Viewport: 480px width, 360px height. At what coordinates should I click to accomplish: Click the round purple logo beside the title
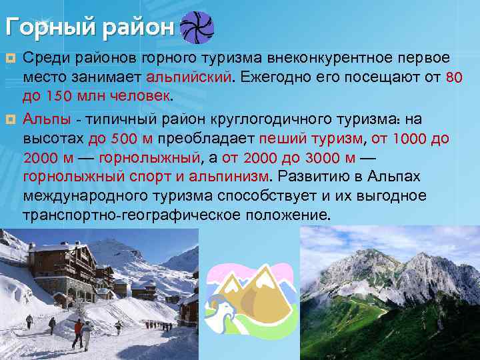pos(198,27)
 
